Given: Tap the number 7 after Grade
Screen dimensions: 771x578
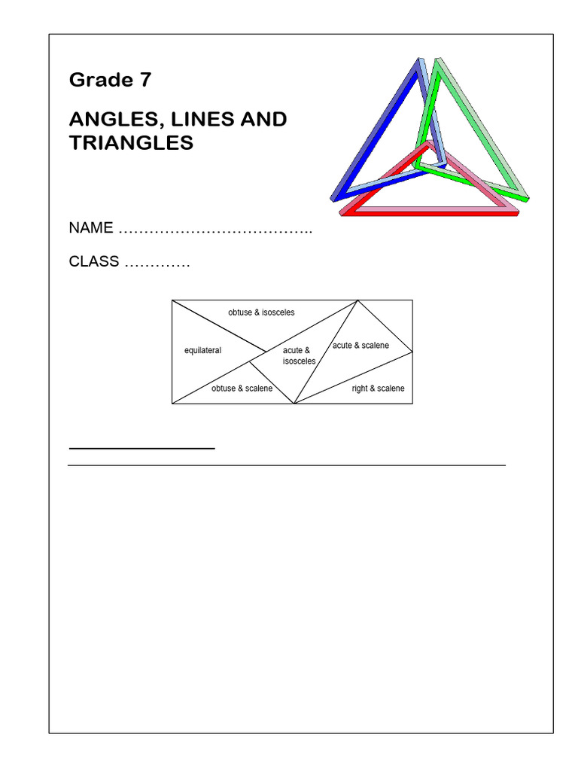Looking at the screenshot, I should point(145,80).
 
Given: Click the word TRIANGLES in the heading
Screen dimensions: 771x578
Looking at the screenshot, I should point(131,143).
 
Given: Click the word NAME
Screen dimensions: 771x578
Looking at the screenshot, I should point(91,227).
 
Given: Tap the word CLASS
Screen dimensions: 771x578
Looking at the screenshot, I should point(94,262).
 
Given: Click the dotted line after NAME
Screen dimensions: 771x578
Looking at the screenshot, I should point(216,229).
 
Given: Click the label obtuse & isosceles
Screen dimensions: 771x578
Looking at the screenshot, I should point(261,312).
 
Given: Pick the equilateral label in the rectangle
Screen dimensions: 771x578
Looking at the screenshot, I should point(202,351).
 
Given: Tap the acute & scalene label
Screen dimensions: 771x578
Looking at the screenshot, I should point(360,346).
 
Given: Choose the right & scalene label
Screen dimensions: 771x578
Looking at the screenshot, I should point(378,389).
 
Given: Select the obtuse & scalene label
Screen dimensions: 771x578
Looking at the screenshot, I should point(242,389).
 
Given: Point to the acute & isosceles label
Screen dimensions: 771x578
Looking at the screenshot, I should point(299,356).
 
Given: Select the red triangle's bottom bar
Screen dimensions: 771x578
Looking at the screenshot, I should point(429,213).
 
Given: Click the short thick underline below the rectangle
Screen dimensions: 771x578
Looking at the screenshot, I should point(141,448).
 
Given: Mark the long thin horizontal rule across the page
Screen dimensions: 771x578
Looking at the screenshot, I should point(286,465).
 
